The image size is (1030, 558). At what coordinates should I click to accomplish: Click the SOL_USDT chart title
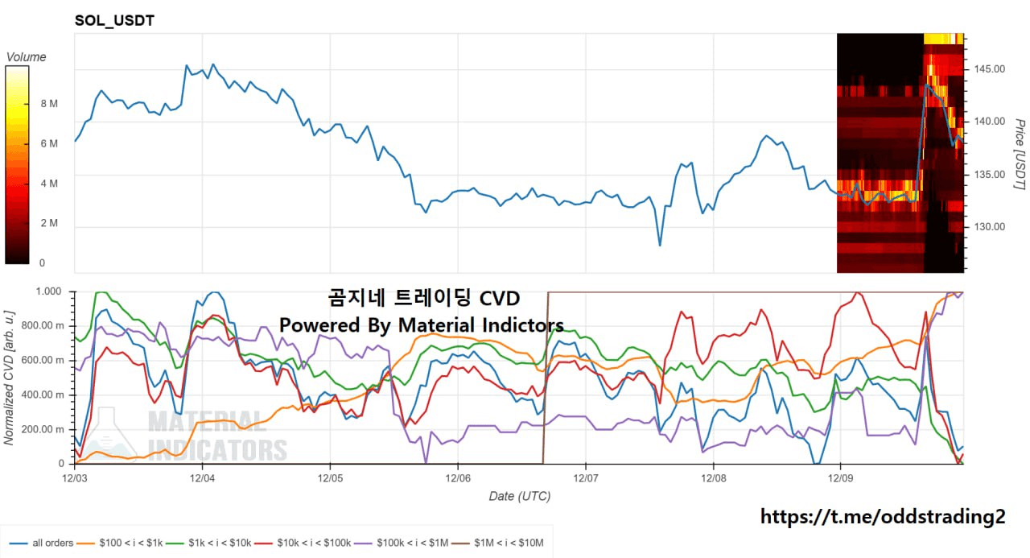coord(114,20)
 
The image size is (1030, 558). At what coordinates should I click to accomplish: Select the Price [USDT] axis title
coord(1019,155)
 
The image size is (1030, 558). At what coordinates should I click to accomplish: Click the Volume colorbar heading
coord(26,57)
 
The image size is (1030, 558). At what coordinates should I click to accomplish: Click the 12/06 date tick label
coord(458,477)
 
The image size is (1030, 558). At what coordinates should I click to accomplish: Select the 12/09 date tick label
coord(841,477)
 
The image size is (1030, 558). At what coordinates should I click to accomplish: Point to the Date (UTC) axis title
coord(520,496)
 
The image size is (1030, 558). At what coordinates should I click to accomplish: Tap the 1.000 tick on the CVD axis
coord(48,291)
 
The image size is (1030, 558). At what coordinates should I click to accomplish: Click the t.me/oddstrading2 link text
coord(883,517)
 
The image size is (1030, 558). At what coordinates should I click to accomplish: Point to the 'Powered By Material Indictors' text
coord(421,325)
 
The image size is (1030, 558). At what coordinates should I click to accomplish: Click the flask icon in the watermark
coord(109,435)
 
